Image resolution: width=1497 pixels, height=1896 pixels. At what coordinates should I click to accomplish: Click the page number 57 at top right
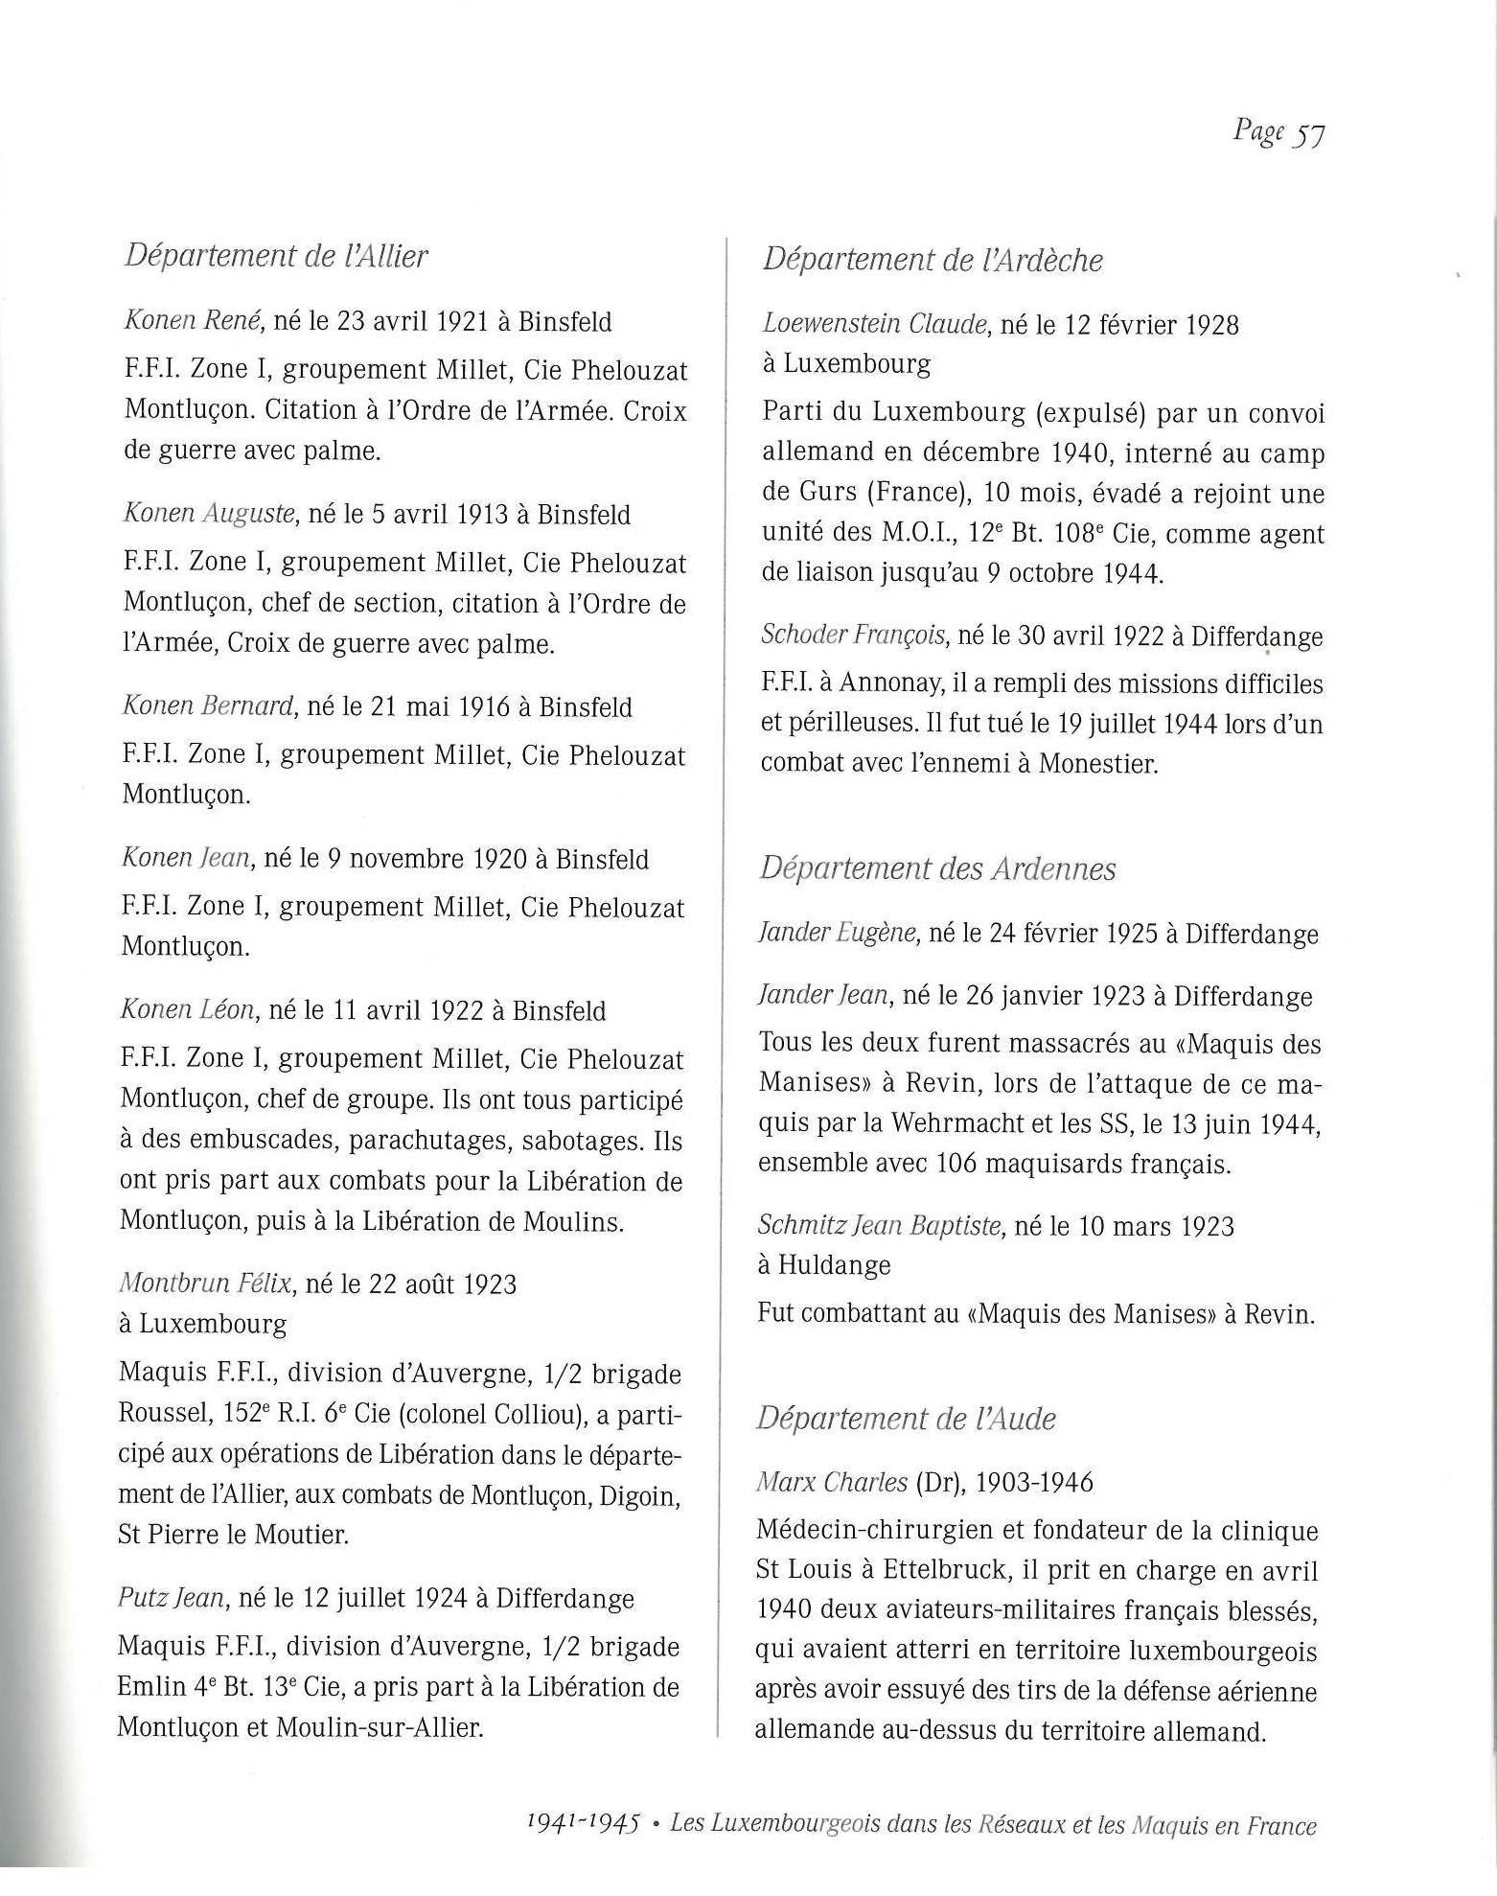coord(1309,134)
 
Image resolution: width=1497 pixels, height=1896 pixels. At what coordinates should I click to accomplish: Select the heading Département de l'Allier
coord(276,257)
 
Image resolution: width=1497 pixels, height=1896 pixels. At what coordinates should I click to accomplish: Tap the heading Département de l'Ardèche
coord(933,260)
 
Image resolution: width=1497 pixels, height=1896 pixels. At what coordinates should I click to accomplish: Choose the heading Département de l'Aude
coord(906,1419)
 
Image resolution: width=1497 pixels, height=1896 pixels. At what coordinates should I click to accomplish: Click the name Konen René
coord(194,321)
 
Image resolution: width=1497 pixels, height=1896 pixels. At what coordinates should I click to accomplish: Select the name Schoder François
coord(854,635)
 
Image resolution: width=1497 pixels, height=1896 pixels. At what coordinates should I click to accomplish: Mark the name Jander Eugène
coord(837,933)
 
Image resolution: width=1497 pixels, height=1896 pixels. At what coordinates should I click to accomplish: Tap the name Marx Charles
coord(831,1482)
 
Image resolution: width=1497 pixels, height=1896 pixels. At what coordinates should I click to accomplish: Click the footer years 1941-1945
coord(583,1823)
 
